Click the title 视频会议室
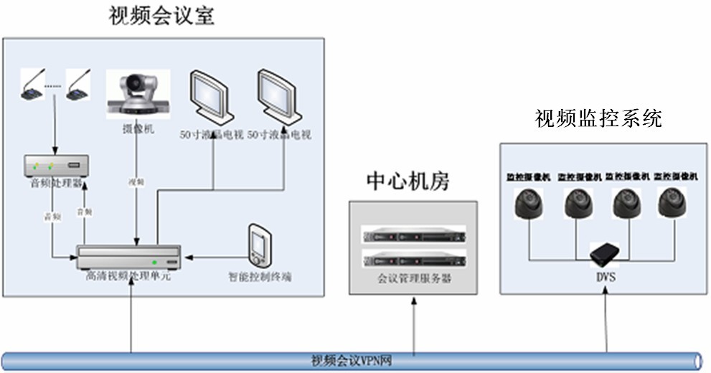(161, 15)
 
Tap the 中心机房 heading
(408, 181)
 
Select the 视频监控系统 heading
(598, 118)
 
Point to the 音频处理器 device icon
(56, 166)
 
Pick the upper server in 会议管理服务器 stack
(414, 235)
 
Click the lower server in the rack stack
(414, 258)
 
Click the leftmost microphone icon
(33, 87)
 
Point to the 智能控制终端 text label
(260, 276)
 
